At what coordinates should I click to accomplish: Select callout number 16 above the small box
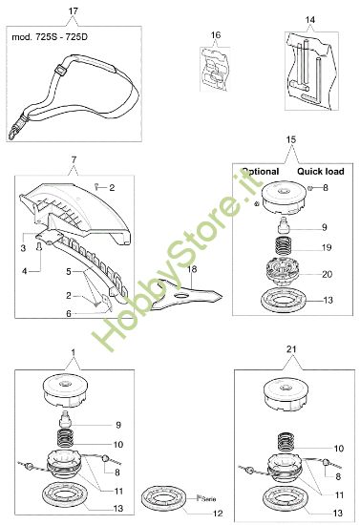[216, 35]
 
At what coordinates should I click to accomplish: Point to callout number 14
[308, 20]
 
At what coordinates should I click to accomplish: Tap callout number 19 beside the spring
[325, 247]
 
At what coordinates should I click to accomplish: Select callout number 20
[325, 274]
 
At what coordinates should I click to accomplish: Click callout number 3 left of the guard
[23, 248]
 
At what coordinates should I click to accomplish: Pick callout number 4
[23, 270]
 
